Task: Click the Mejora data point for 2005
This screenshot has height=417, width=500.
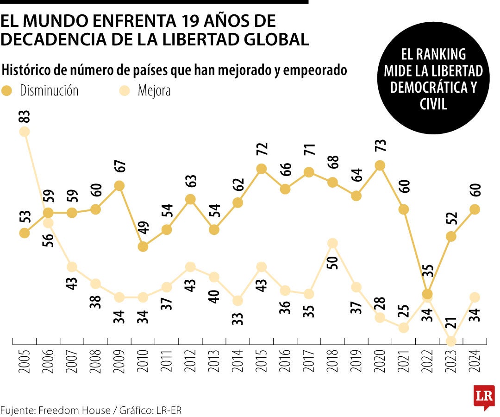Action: (25, 132)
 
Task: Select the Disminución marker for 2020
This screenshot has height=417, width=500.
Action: (380, 165)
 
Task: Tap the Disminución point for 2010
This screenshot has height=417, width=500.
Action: (143, 246)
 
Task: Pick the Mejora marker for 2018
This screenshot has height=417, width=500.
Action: (332, 243)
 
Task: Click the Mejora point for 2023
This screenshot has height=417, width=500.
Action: (451, 341)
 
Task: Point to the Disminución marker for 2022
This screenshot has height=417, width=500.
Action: (428, 294)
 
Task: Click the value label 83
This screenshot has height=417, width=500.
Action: (25, 116)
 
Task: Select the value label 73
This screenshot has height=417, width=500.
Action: (380, 150)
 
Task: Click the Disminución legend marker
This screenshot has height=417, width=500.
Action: (7, 91)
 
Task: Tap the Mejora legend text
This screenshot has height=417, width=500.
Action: (154, 91)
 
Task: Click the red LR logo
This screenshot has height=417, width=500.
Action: (484, 397)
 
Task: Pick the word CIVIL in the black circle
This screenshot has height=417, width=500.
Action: (433, 104)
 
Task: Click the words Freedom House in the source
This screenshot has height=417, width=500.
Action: (75, 410)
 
